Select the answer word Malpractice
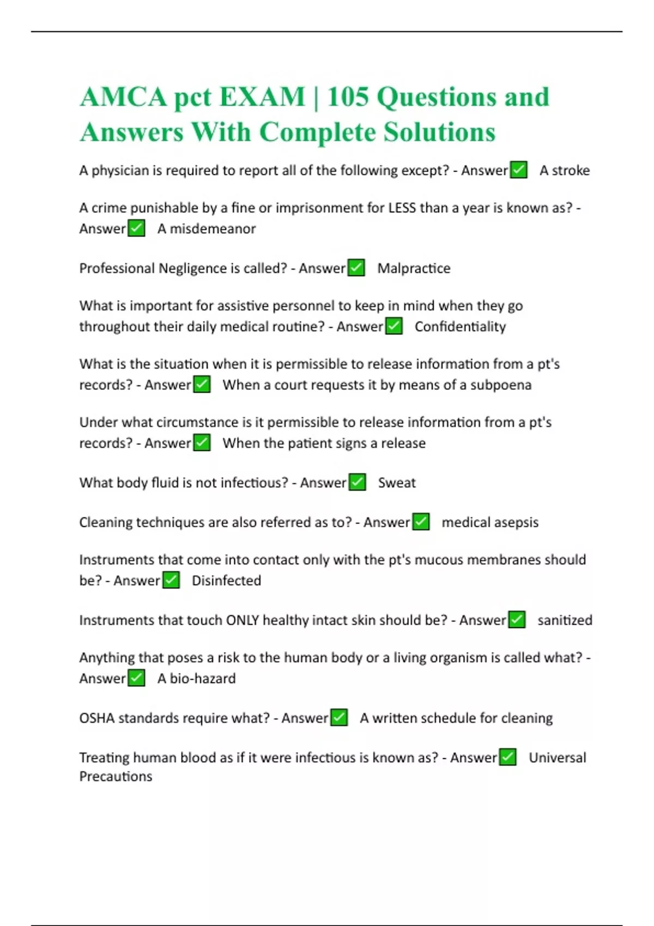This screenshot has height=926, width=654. (414, 269)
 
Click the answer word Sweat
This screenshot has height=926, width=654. (397, 483)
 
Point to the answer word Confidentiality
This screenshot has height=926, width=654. (460, 327)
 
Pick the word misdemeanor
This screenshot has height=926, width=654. (213, 229)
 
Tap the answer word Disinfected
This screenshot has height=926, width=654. (226, 581)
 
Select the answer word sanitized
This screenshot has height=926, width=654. (565, 620)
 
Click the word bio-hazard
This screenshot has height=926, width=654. (203, 679)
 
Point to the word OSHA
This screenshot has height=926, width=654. (97, 718)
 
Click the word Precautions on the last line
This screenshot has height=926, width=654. (116, 777)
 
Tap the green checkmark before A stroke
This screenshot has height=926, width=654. (519, 170)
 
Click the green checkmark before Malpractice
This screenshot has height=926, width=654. (356, 268)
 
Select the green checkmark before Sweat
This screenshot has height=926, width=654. (358, 483)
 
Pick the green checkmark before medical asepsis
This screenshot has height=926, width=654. (421, 522)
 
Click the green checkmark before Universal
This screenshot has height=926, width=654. (508, 757)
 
